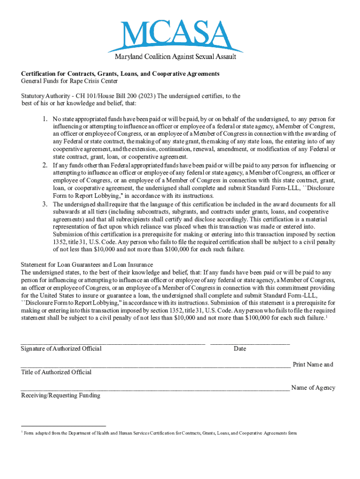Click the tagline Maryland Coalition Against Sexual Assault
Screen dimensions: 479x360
pyautogui.click(x=175, y=57)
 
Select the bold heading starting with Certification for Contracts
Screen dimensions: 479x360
pyautogui.click(x=120, y=74)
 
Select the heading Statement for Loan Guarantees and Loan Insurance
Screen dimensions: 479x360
pyautogui.click(x=87, y=265)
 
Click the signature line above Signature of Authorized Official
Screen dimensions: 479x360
pyautogui.click(x=113, y=344)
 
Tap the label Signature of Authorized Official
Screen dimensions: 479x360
pyautogui.click(x=61, y=349)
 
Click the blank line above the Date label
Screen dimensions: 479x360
pyautogui.click(x=250, y=344)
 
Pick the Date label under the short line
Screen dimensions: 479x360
pyautogui.click(x=240, y=349)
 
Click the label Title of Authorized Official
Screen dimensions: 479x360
pyautogui.click(x=56, y=372)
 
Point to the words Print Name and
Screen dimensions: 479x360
pyautogui.click(x=313, y=365)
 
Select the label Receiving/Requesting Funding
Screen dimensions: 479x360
pyautogui.click(x=60, y=396)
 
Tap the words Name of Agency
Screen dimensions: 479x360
pyautogui.click(x=313, y=388)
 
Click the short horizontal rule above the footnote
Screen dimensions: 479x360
pyautogui.click(x=64, y=426)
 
